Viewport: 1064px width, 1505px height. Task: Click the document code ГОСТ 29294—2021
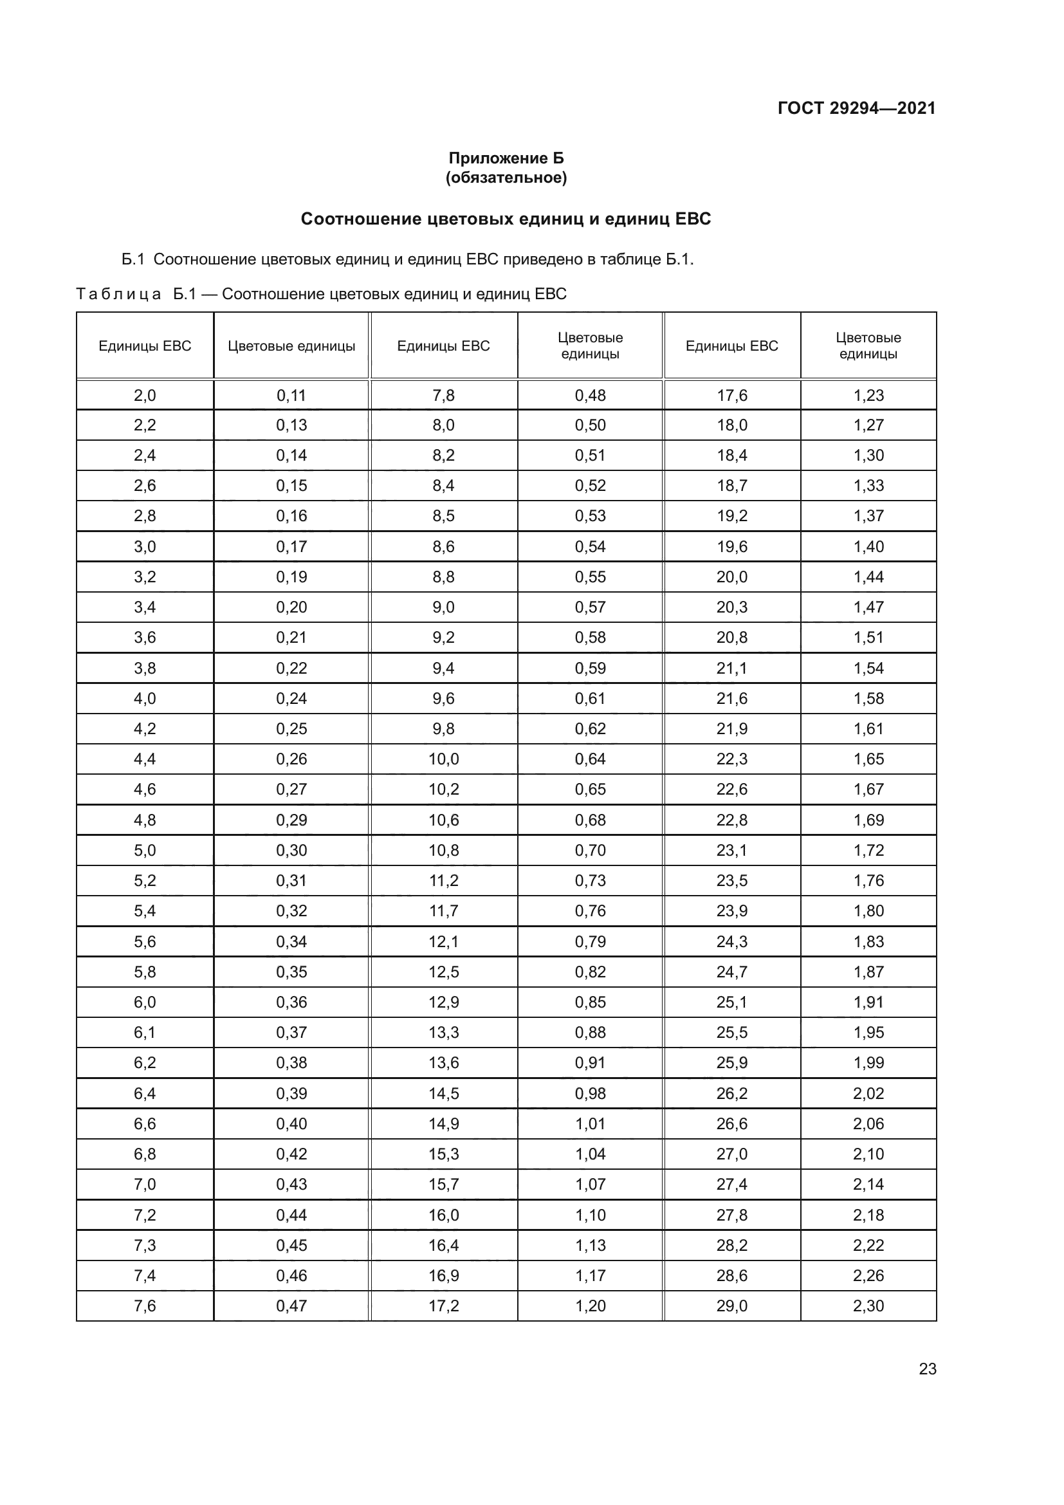(856, 108)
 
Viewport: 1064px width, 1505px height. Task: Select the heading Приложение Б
(506, 158)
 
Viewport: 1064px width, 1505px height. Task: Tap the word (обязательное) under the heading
(506, 178)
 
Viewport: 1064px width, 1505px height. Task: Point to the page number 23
(927, 1369)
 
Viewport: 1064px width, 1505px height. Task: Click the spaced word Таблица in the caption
(118, 293)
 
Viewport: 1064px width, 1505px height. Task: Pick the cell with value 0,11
(291, 395)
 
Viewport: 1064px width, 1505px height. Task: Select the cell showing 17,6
(731, 395)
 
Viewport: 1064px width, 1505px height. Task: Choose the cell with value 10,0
(444, 759)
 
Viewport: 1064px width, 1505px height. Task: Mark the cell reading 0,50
(590, 425)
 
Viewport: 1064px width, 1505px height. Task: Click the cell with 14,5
(444, 1093)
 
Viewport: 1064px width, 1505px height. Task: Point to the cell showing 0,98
(590, 1093)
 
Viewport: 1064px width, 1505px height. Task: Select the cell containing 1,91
(868, 1002)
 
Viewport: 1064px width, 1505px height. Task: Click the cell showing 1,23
(868, 395)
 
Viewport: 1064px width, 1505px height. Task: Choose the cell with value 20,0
(731, 577)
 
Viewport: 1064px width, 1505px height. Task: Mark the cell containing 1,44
(868, 577)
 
